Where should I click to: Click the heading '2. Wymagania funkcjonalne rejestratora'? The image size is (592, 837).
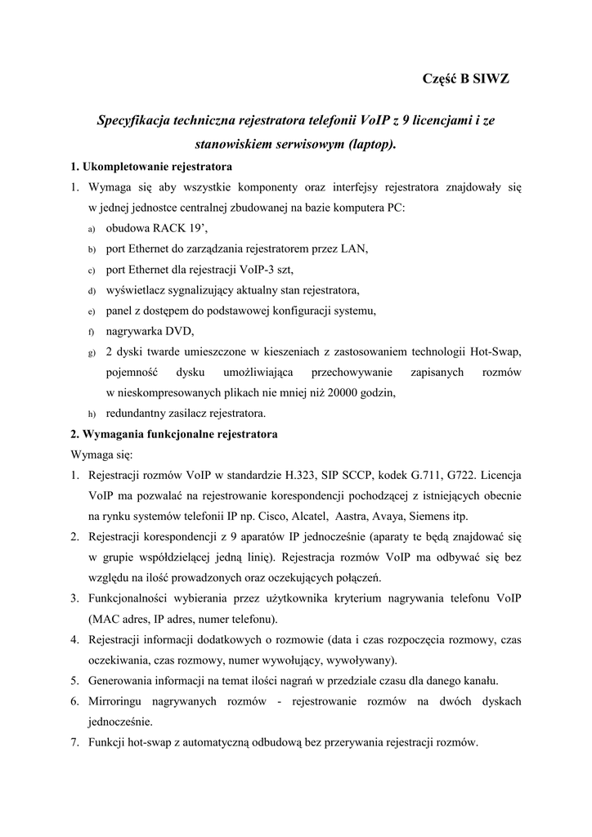coord(173,434)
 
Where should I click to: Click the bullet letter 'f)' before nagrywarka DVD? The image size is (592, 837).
coord(92,332)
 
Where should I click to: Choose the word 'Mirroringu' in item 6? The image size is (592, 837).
coord(119,701)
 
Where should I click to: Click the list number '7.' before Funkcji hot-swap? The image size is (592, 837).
coord(74,743)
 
